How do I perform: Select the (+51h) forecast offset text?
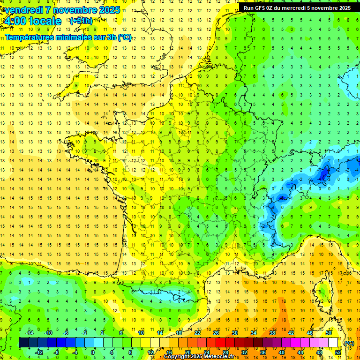(81, 21)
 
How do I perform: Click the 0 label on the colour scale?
(93, 352)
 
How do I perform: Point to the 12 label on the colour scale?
(150, 352)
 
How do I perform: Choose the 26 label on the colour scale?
(216, 333)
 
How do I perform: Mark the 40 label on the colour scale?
(282, 352)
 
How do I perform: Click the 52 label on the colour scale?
(338, 352)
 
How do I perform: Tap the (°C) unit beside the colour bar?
(349, 343)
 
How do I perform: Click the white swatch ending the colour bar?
(333, 343)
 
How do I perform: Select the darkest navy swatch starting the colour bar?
(23, 343)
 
